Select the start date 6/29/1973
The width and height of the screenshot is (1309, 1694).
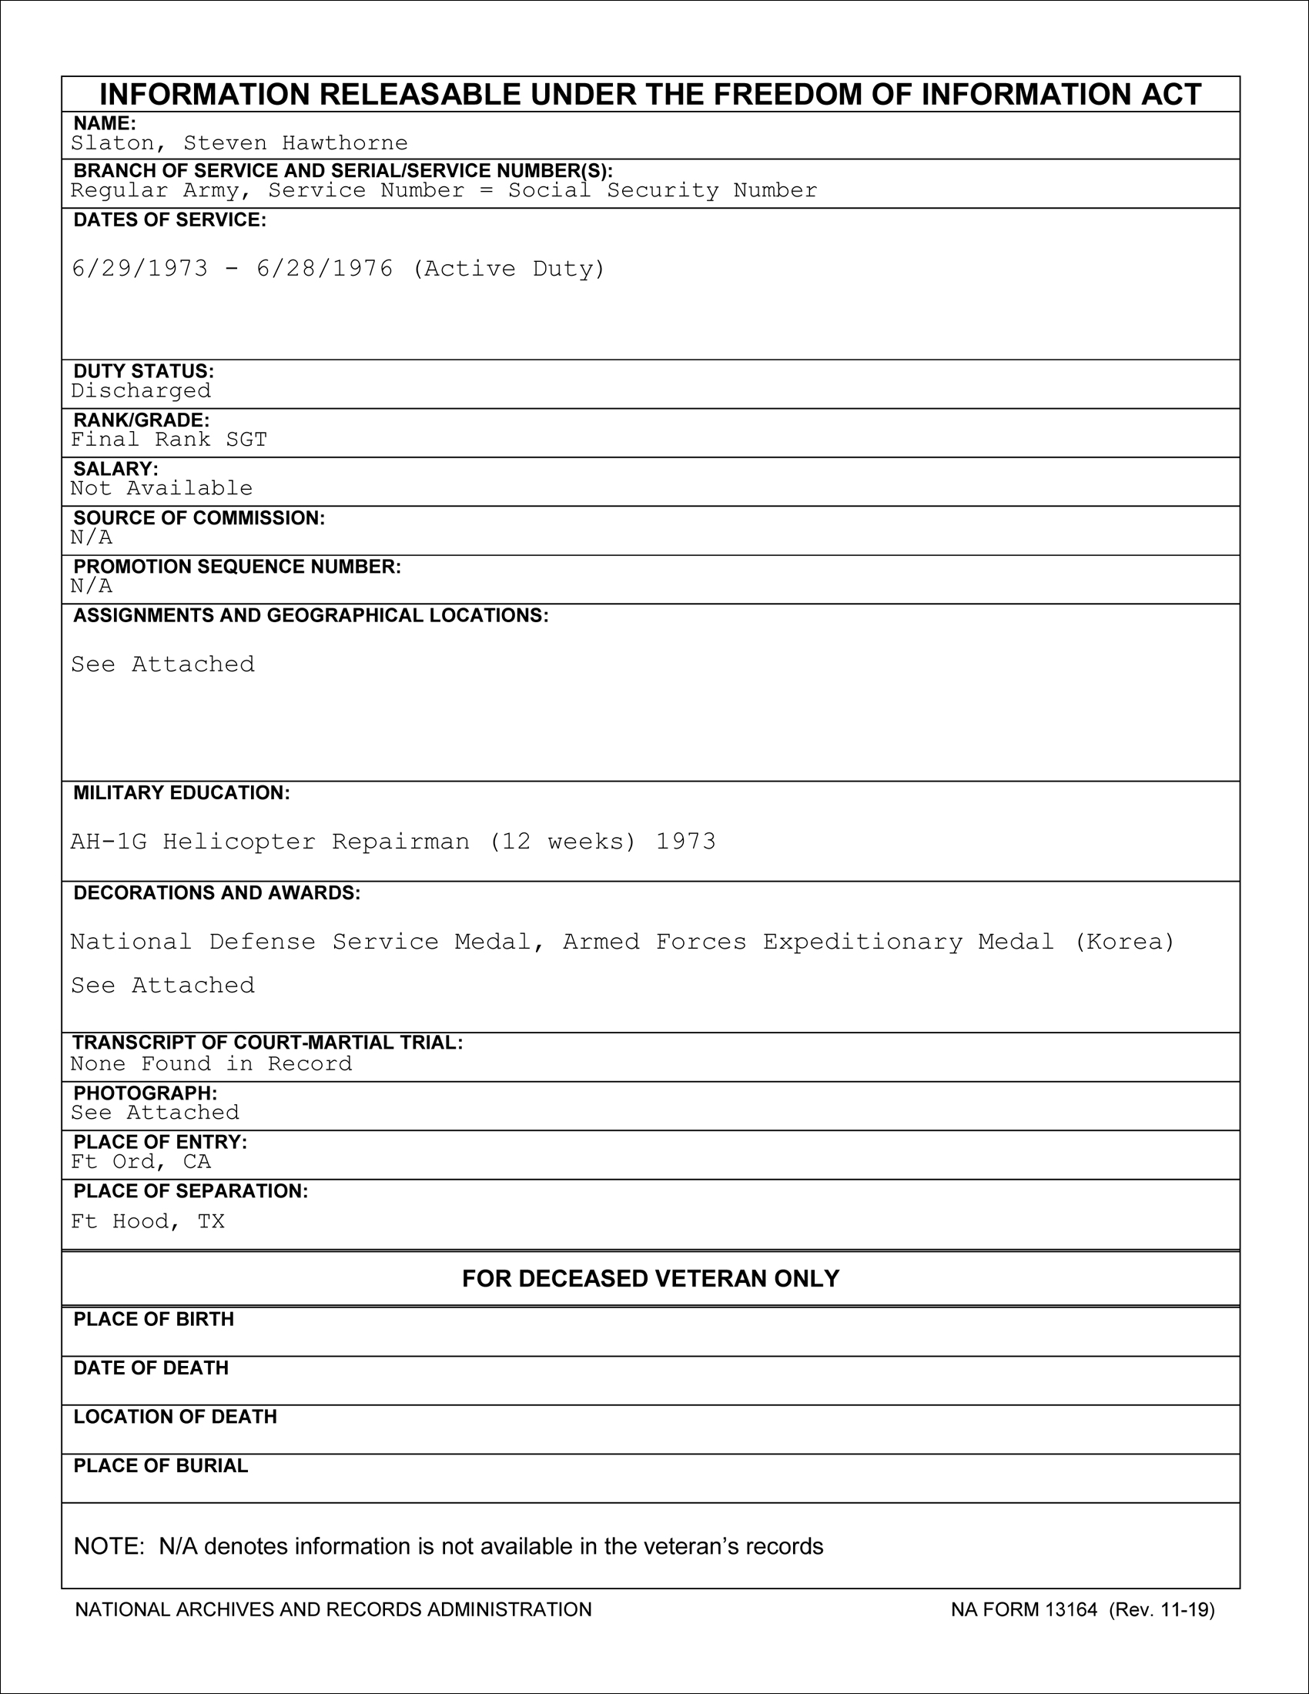coord(139,269)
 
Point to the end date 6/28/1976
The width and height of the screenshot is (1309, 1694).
coord(325,269)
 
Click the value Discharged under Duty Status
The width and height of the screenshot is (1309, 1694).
coord(140,390)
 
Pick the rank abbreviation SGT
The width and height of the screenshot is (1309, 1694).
coord(246,440)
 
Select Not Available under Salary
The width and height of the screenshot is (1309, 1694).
coord(161,488)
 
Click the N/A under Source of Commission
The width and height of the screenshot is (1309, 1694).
coord(92,537)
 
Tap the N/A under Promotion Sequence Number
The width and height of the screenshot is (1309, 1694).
coord(92,586)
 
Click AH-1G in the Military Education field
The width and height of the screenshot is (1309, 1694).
coord(109,842)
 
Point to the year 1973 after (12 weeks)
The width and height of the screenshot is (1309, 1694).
coord(685,842)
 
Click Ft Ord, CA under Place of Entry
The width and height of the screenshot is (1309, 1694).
coord(140,1161)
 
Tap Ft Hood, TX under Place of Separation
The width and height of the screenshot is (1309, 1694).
coord(147,1222)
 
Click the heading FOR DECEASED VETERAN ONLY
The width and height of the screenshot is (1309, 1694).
coord(651,1278)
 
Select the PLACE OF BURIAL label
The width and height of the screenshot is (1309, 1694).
coord(160,1466)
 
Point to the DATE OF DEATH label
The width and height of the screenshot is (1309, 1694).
coord(151,1368)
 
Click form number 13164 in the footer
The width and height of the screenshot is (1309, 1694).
coord(1071,1609)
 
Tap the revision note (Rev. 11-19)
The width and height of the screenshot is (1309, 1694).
coord(1162,1609)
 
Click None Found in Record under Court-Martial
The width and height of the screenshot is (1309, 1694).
coord(211,1063)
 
